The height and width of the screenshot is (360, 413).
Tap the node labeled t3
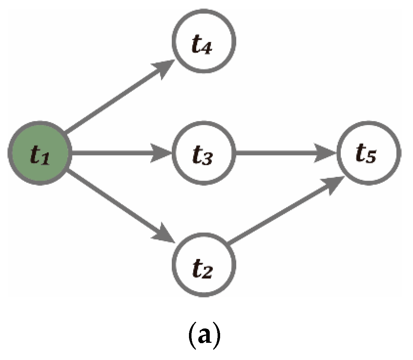pos(203,154)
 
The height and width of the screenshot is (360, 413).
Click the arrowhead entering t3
pos(163,154)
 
